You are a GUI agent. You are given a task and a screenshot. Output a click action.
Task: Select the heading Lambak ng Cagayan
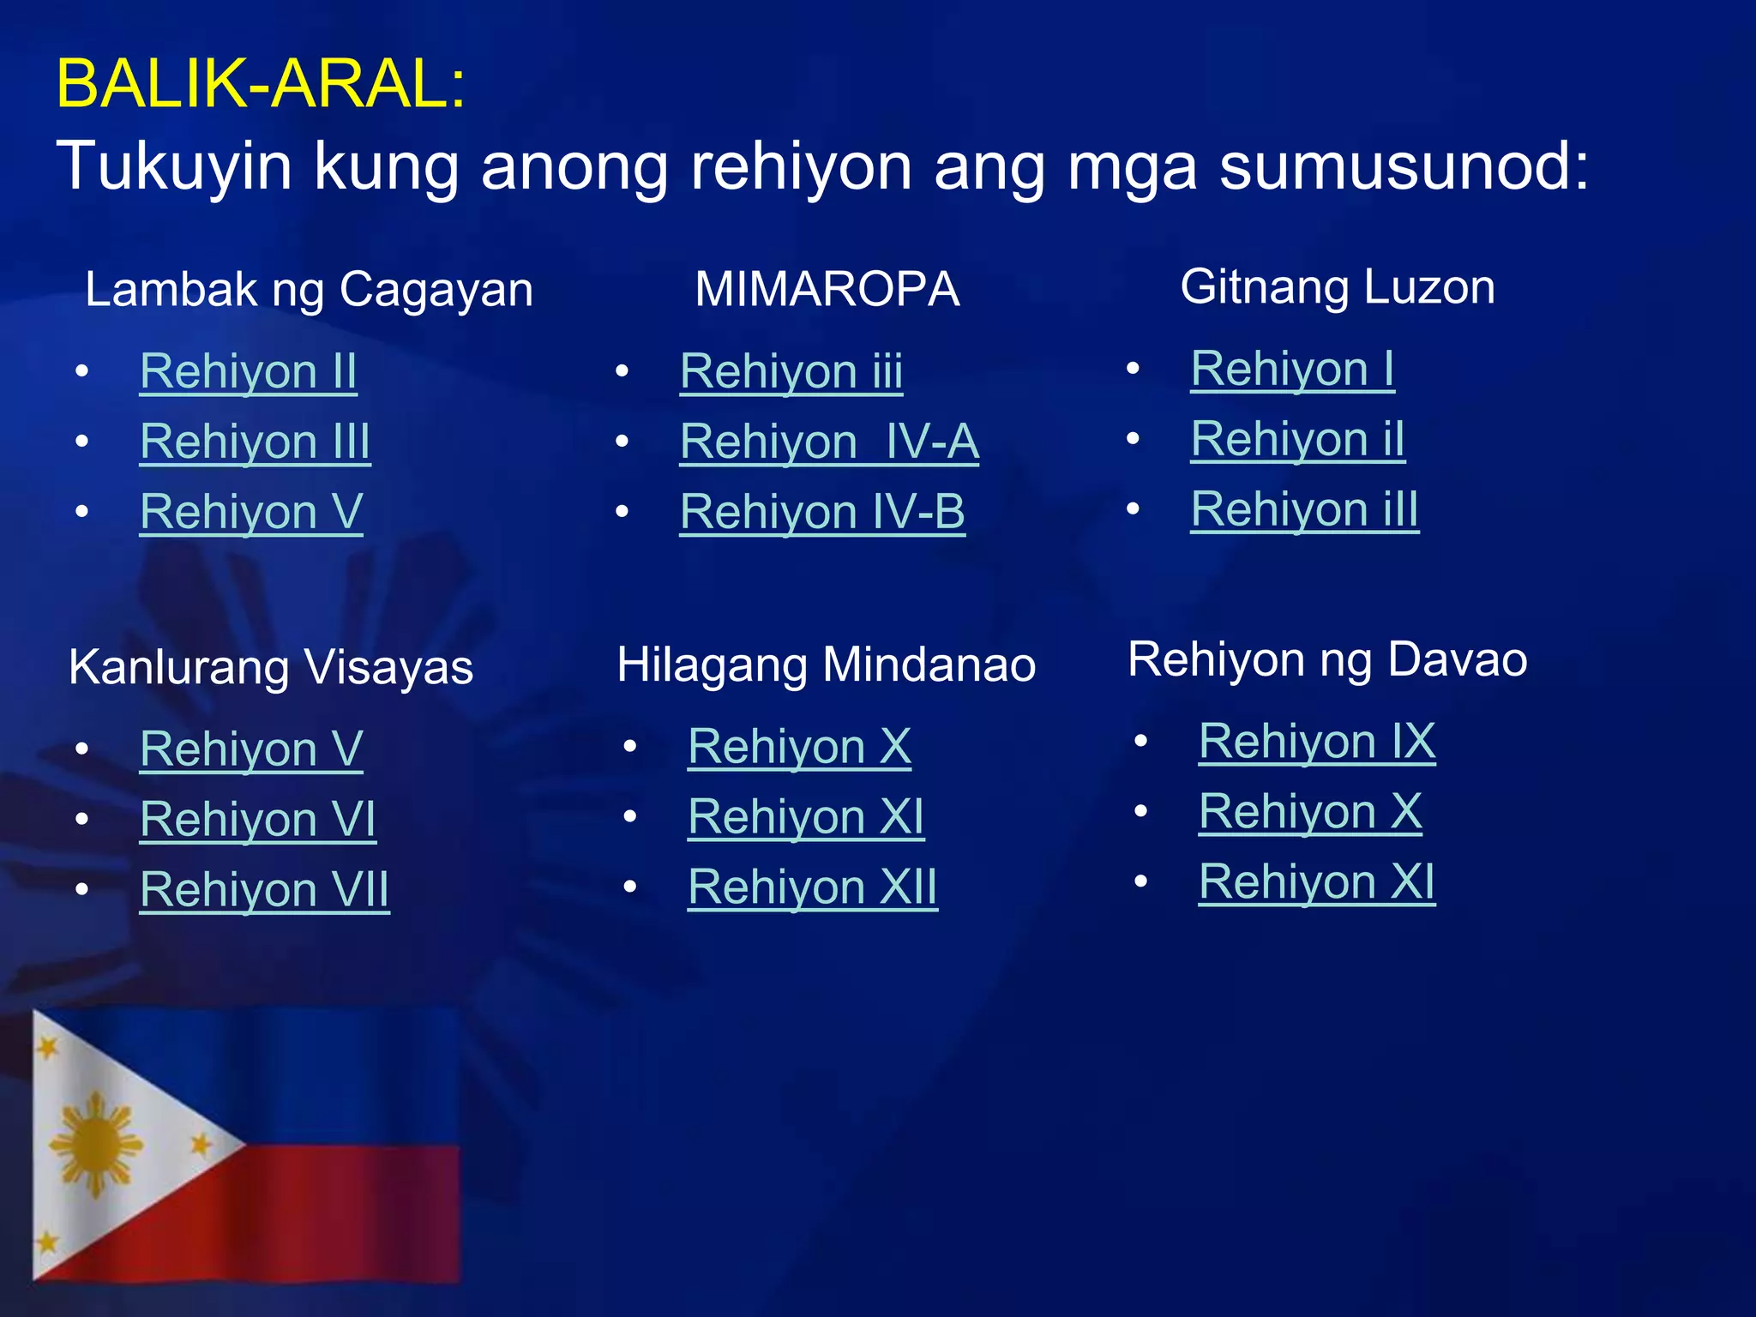point(309,289)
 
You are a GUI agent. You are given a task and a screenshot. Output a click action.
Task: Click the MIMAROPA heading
point(827,289)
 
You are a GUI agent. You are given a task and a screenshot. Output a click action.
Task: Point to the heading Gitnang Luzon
point(1338,286)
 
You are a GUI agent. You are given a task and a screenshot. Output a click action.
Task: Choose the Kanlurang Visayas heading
point(271,667)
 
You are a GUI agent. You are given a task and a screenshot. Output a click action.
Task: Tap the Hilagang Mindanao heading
point(826,665)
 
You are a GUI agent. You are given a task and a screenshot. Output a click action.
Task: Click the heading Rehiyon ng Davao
point(1327,659)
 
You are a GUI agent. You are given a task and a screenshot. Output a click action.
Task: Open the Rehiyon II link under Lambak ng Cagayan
point(249,371)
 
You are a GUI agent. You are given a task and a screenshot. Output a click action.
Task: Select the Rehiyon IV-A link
point(829,442)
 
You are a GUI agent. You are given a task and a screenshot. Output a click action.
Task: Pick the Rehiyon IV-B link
point(822,512)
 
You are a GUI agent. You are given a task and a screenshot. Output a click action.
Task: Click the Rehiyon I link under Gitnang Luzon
point(1292,369)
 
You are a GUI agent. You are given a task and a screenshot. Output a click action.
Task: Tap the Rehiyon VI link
point(258,819)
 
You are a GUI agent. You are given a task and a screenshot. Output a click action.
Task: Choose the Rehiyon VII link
point(264,889)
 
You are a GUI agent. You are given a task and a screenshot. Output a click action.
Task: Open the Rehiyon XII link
point(812,887)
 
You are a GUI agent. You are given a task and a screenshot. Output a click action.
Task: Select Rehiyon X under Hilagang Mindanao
point(799,746)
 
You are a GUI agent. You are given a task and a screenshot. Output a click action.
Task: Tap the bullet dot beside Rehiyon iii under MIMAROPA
point(622,371)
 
